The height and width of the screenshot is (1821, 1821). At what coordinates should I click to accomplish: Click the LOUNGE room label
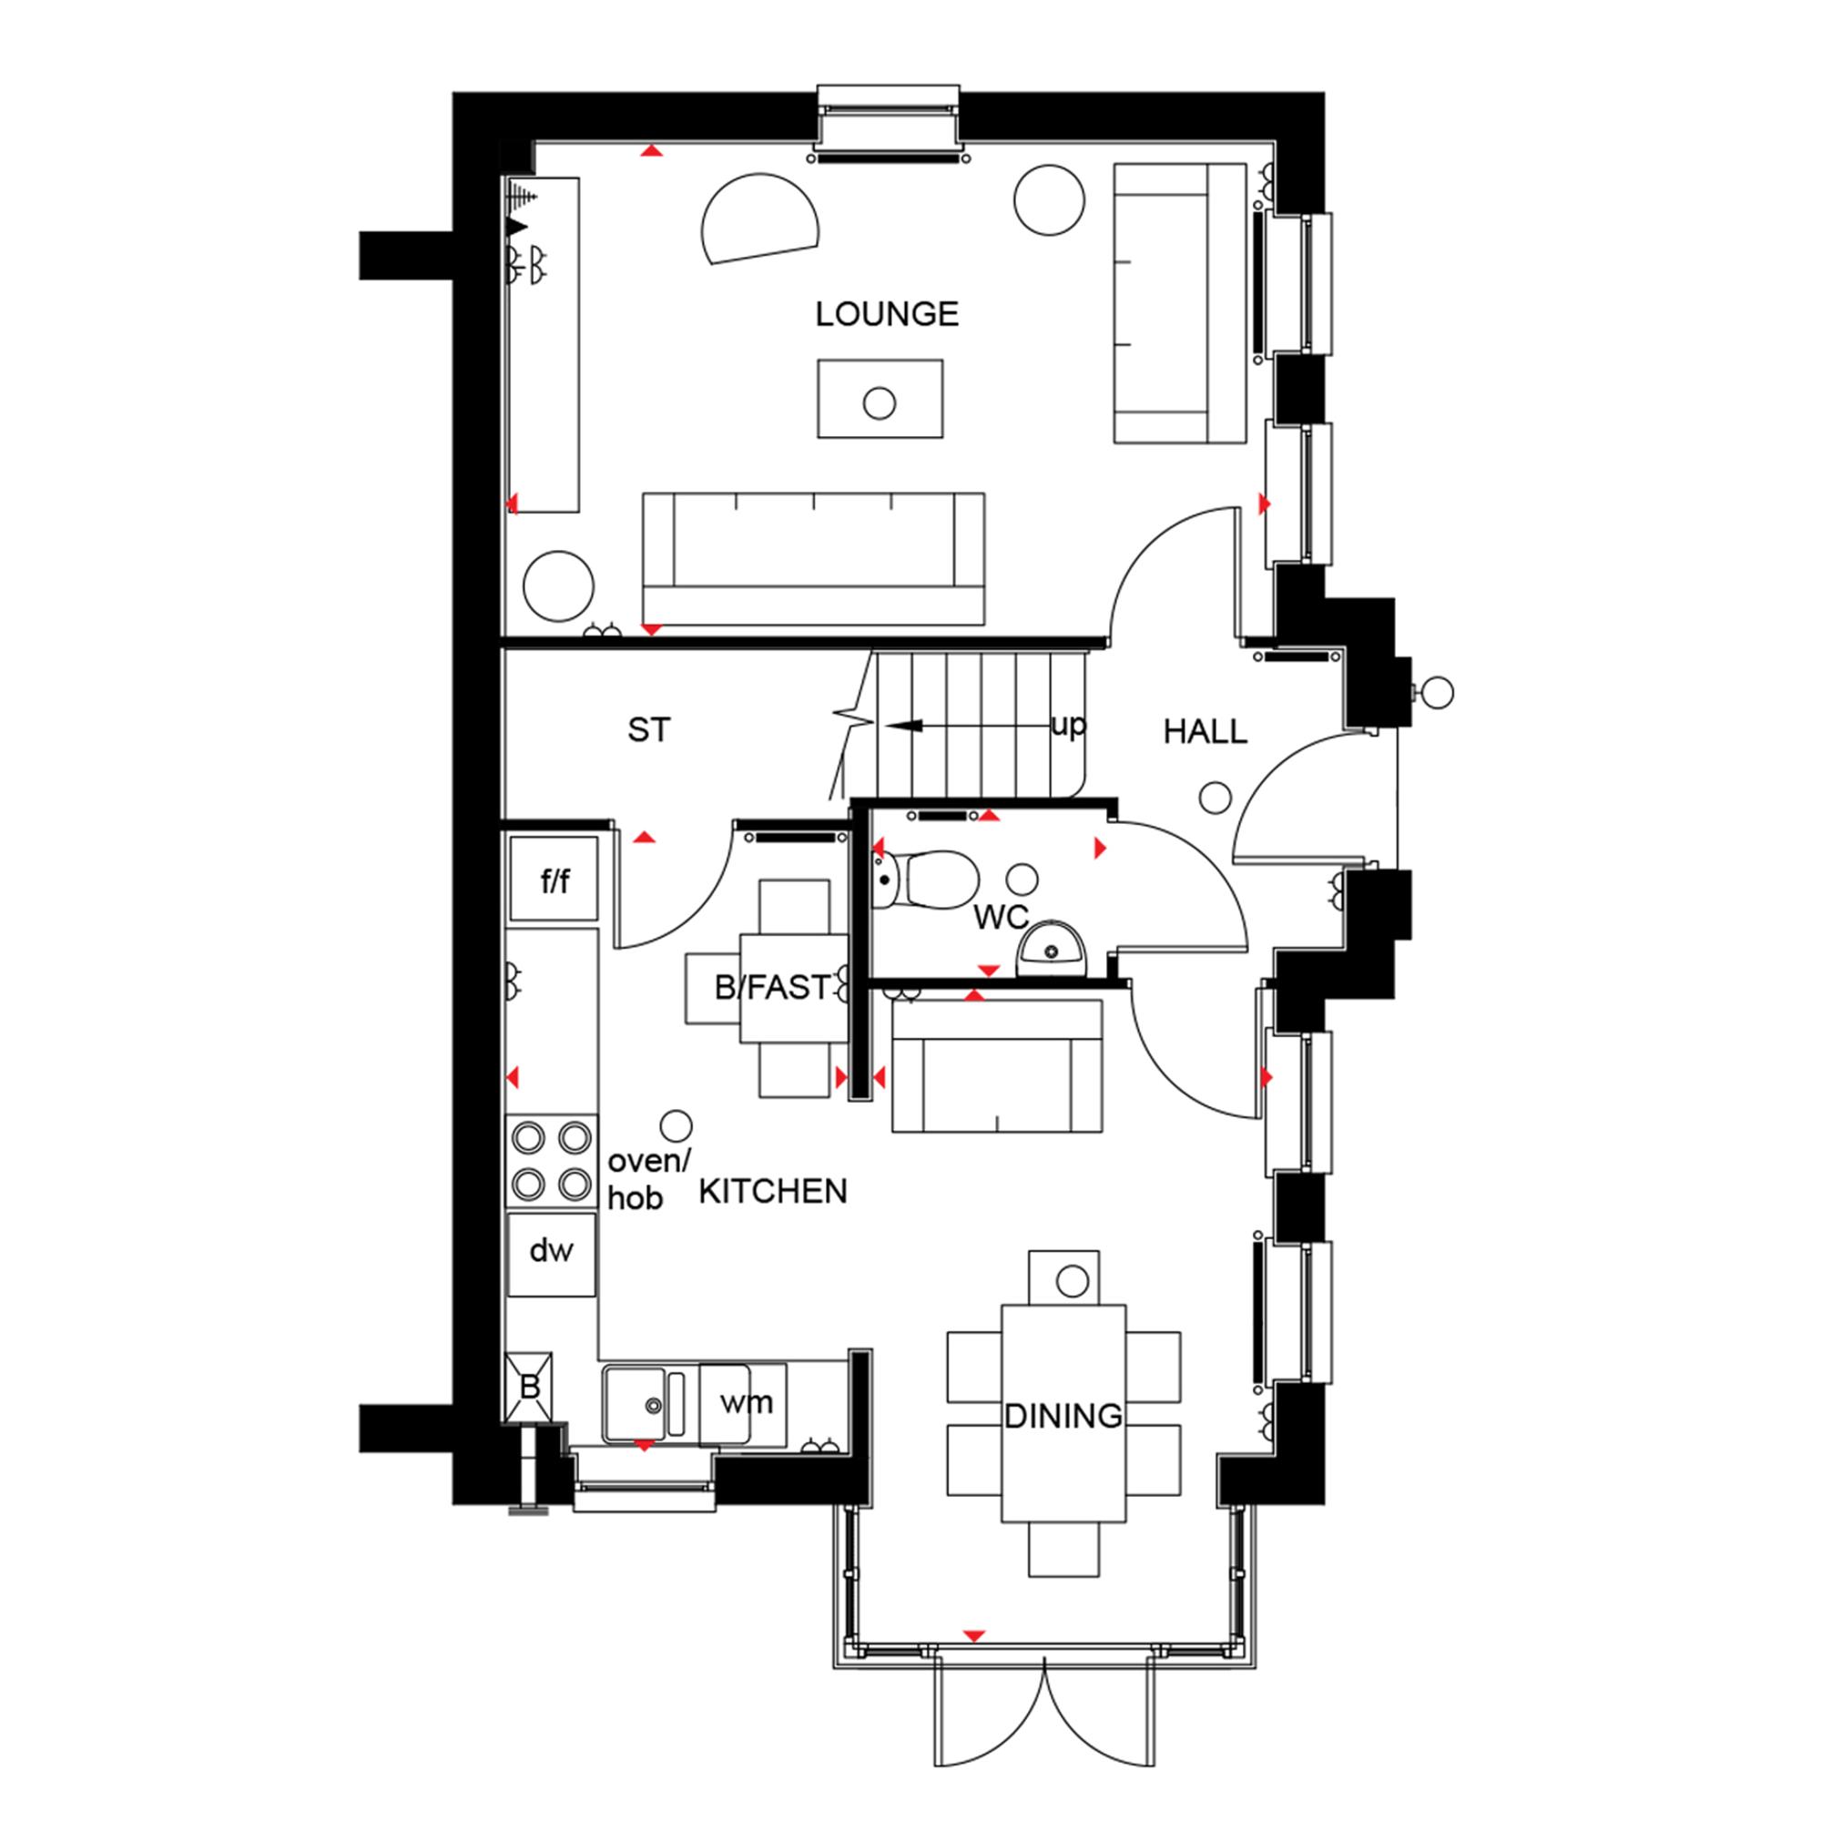click(x=886, y=314)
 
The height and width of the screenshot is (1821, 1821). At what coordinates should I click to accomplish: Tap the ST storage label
click(x=648, y=730)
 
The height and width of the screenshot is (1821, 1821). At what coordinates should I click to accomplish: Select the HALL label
click(x=1205, y=731)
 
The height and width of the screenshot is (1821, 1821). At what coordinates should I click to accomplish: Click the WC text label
click(x=1000, y=917)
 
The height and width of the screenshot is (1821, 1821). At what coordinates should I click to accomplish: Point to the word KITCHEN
click(x=773, y=1191)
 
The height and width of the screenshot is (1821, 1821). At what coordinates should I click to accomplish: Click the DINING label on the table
click(x=1063, y=1416)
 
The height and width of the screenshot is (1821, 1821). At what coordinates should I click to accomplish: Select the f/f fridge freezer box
click(x=554, y=880)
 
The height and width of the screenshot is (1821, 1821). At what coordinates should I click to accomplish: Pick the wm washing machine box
click(x=745, y=1403)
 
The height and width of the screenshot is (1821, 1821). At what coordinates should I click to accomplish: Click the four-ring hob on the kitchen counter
click(x=553, y=1161)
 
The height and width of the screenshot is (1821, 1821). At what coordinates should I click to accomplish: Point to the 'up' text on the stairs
click(x=1068, y=725)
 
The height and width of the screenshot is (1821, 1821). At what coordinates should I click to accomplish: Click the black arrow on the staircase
click(x=903, y=726)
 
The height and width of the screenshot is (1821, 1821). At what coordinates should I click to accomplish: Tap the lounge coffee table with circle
click(x=880, y=399)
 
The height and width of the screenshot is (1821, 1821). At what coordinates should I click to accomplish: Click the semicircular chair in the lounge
click(x=757, y=219)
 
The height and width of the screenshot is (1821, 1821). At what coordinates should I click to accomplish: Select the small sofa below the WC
click(x=996, y=1066)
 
